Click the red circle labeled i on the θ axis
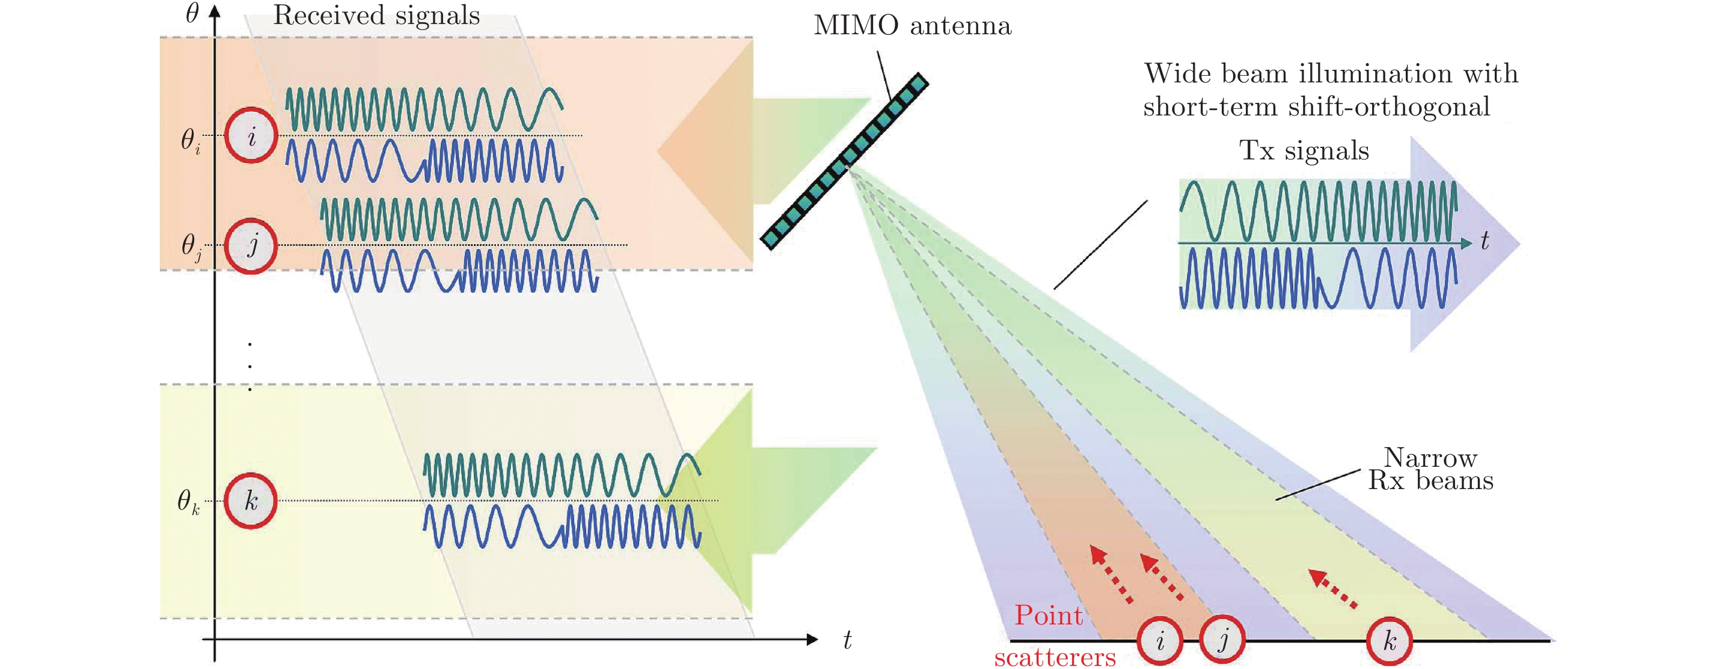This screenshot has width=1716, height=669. click(251, 136)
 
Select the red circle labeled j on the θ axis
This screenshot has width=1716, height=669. click(251, 245)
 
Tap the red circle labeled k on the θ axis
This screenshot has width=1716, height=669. click(251, 501)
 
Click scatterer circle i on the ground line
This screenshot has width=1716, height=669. click(1160, 641)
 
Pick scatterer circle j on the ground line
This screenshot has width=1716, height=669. click(1222, 640)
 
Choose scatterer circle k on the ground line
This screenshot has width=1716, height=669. click(1390, 641)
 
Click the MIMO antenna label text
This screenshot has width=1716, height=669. click(912, 26)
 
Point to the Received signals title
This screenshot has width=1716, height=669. click(376, 15)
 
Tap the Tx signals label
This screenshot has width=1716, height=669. click(1304, 150)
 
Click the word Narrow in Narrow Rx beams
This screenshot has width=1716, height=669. click(1430, 458)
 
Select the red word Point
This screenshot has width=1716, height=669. click(1049, 615)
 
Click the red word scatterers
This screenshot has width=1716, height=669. click(1055, 658)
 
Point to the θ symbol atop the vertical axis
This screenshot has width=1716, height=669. click(192, 13)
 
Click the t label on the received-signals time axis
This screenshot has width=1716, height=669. click(847, 640)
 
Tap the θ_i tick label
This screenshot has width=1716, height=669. click(191, 141)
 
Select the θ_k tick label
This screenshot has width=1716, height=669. click(188, 501)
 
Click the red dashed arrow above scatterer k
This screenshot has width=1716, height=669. click(1333, 588)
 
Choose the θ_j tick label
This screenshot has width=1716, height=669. click(191, 247)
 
